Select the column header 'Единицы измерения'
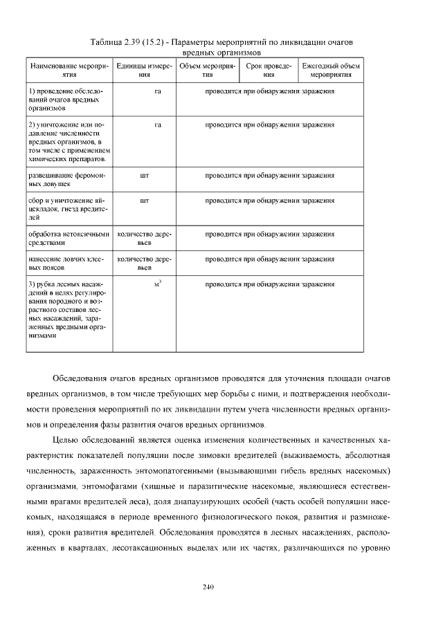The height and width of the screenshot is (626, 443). pyautogui.click(x=144, y=70)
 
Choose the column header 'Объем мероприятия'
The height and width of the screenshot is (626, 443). pyautogui.click(x=207, y=70)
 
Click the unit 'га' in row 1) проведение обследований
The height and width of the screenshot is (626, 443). pyautogui.click(x=158, y=91)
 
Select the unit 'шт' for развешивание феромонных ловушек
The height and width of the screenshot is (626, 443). pyautogui.click(x=144, y=176)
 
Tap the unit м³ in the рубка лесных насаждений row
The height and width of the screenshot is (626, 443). pyautogui.click(x=158, y=284)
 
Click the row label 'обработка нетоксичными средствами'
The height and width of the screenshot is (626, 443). pyautogui.click(x=69, y=239)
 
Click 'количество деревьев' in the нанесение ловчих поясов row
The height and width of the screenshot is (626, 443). pyautogui.click(x=144, y=264)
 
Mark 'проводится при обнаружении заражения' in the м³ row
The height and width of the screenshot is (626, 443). pyautogui.click(x=270, y=284)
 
